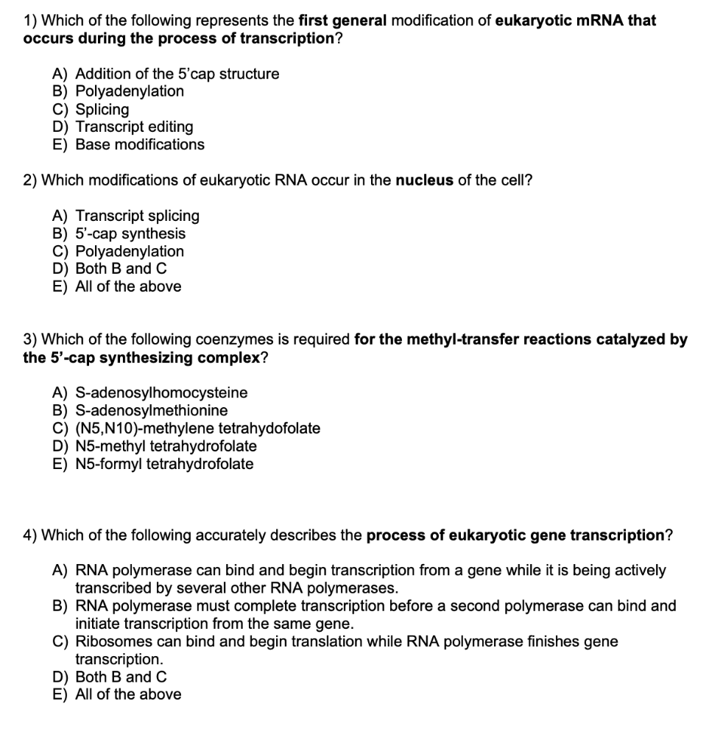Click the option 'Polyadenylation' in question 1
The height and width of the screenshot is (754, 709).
130,91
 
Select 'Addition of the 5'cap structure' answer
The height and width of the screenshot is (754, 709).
177,74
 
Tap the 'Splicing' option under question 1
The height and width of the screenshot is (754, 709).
102,110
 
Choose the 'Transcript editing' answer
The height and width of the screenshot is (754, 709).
134,127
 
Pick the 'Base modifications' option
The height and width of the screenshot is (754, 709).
140,144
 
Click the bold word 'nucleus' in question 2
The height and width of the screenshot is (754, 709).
424,180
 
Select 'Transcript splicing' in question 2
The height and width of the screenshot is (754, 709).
137,216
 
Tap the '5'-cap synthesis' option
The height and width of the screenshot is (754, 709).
130,233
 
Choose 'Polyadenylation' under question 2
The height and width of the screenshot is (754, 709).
130,251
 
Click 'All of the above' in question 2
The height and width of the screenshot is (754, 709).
128,286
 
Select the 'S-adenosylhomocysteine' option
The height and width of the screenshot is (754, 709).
161,392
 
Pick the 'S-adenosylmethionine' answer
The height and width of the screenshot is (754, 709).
152,410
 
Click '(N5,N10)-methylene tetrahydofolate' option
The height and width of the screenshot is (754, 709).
197,429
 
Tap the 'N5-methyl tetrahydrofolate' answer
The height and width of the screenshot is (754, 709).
166,446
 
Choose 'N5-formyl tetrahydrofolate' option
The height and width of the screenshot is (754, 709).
164,464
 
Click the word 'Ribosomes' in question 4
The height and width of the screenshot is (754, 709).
110,641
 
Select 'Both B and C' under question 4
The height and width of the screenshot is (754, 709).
121,677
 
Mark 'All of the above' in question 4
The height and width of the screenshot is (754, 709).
128,694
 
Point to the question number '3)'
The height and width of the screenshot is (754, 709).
30,339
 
